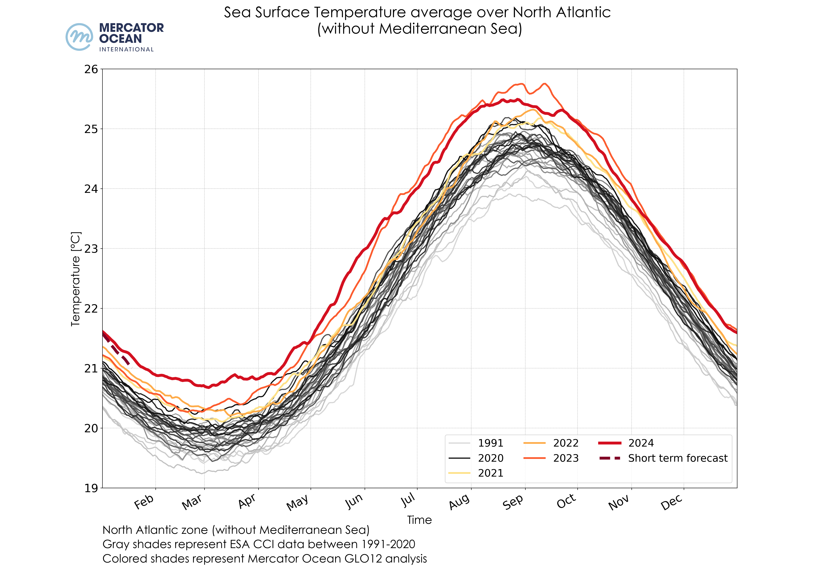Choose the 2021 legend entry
[x=490, y=473]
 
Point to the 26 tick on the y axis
[x=91, y=69]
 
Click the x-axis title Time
[x=419, y=520]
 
